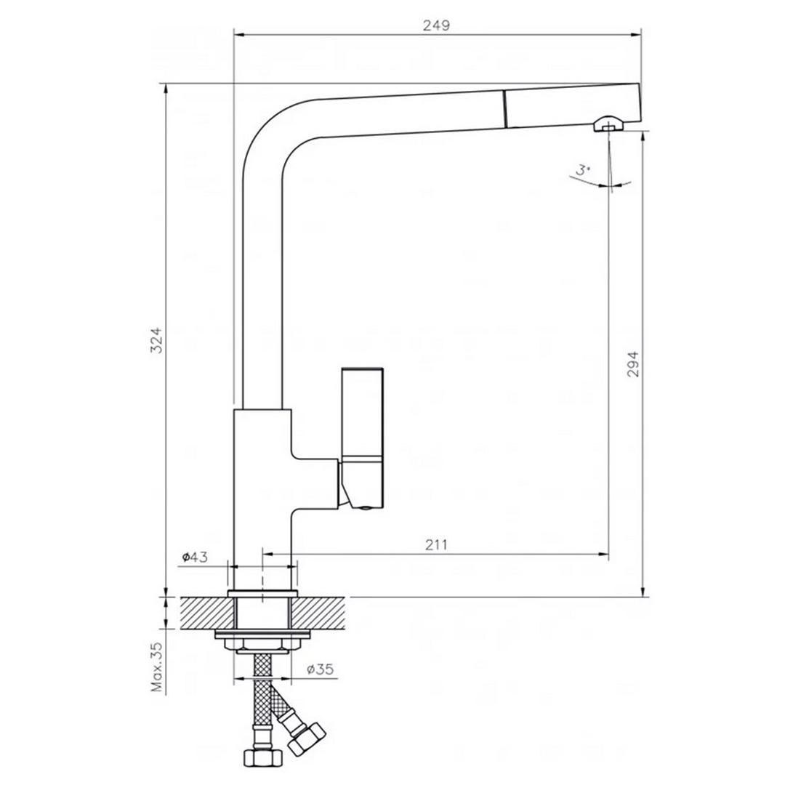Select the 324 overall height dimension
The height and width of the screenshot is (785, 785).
click(x=156, y=340)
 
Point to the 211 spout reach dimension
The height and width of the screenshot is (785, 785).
click(x=435, y=544)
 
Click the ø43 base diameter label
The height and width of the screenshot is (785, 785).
click(x=195, y=557)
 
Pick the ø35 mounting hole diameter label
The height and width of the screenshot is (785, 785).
click(x=319, y=669)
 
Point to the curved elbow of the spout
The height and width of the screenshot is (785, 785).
click(x=273, y=131)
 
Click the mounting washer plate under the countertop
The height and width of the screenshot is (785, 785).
click(x=262, y=637)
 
